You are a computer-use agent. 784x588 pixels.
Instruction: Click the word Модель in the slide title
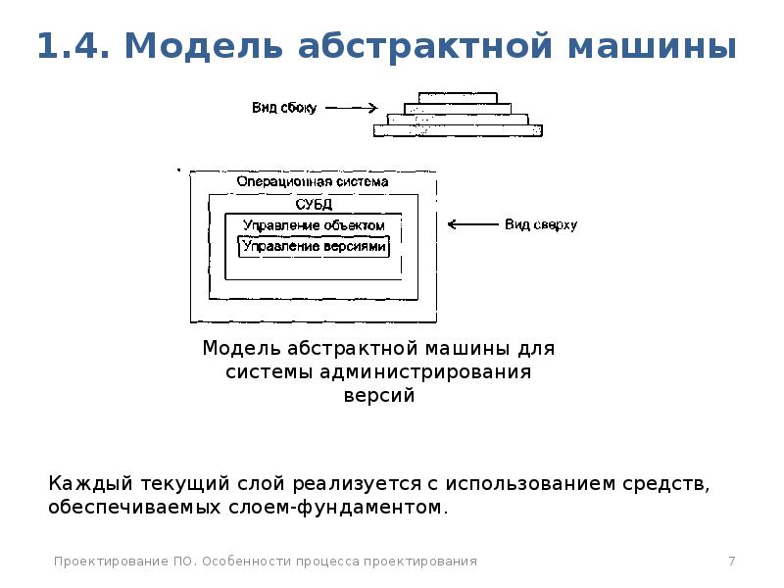[203, 46]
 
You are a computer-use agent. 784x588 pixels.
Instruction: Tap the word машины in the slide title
[652, 46]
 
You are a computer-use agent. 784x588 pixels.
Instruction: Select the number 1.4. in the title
[73, 45]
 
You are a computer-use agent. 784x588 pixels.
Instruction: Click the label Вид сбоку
[284, 108]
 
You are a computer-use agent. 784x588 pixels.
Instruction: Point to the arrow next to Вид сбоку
[352, 108]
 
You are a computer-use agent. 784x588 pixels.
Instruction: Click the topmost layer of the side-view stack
[458, 98]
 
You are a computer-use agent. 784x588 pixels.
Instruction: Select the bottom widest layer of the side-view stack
[458, 130]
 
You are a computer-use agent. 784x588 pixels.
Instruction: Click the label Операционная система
[313, 181]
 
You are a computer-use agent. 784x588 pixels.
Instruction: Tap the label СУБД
[314, 204]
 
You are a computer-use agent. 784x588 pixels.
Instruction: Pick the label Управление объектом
[314, 225]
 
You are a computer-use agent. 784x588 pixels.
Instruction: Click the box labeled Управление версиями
[314, 247]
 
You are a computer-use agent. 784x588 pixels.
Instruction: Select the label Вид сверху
[541, 224]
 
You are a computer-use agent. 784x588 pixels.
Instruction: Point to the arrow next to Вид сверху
[473, 224]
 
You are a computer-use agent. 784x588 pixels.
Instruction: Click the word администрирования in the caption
[425, 371]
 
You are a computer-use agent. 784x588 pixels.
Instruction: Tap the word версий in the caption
[379, 395]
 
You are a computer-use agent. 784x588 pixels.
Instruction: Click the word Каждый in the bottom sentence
[90, 483]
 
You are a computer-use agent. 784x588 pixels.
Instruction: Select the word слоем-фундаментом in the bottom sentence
[335, 507]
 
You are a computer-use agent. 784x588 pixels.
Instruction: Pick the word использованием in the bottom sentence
[530, 483]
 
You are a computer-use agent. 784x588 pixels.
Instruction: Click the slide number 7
[732, 561]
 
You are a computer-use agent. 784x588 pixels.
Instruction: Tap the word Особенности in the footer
[246, 562]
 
